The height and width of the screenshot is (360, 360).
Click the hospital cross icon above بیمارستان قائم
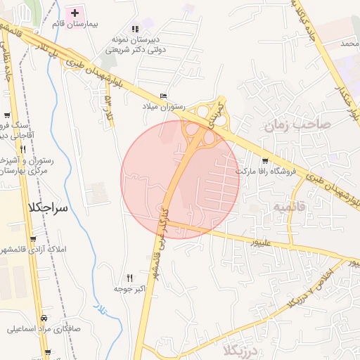(74, 13)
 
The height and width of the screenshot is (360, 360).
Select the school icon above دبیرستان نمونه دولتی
(146, 22)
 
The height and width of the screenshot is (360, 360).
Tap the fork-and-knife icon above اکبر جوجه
(129, 278)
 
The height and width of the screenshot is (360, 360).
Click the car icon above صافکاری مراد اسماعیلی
(45, 317)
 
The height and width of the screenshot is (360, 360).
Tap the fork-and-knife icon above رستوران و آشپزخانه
(23, 149)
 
